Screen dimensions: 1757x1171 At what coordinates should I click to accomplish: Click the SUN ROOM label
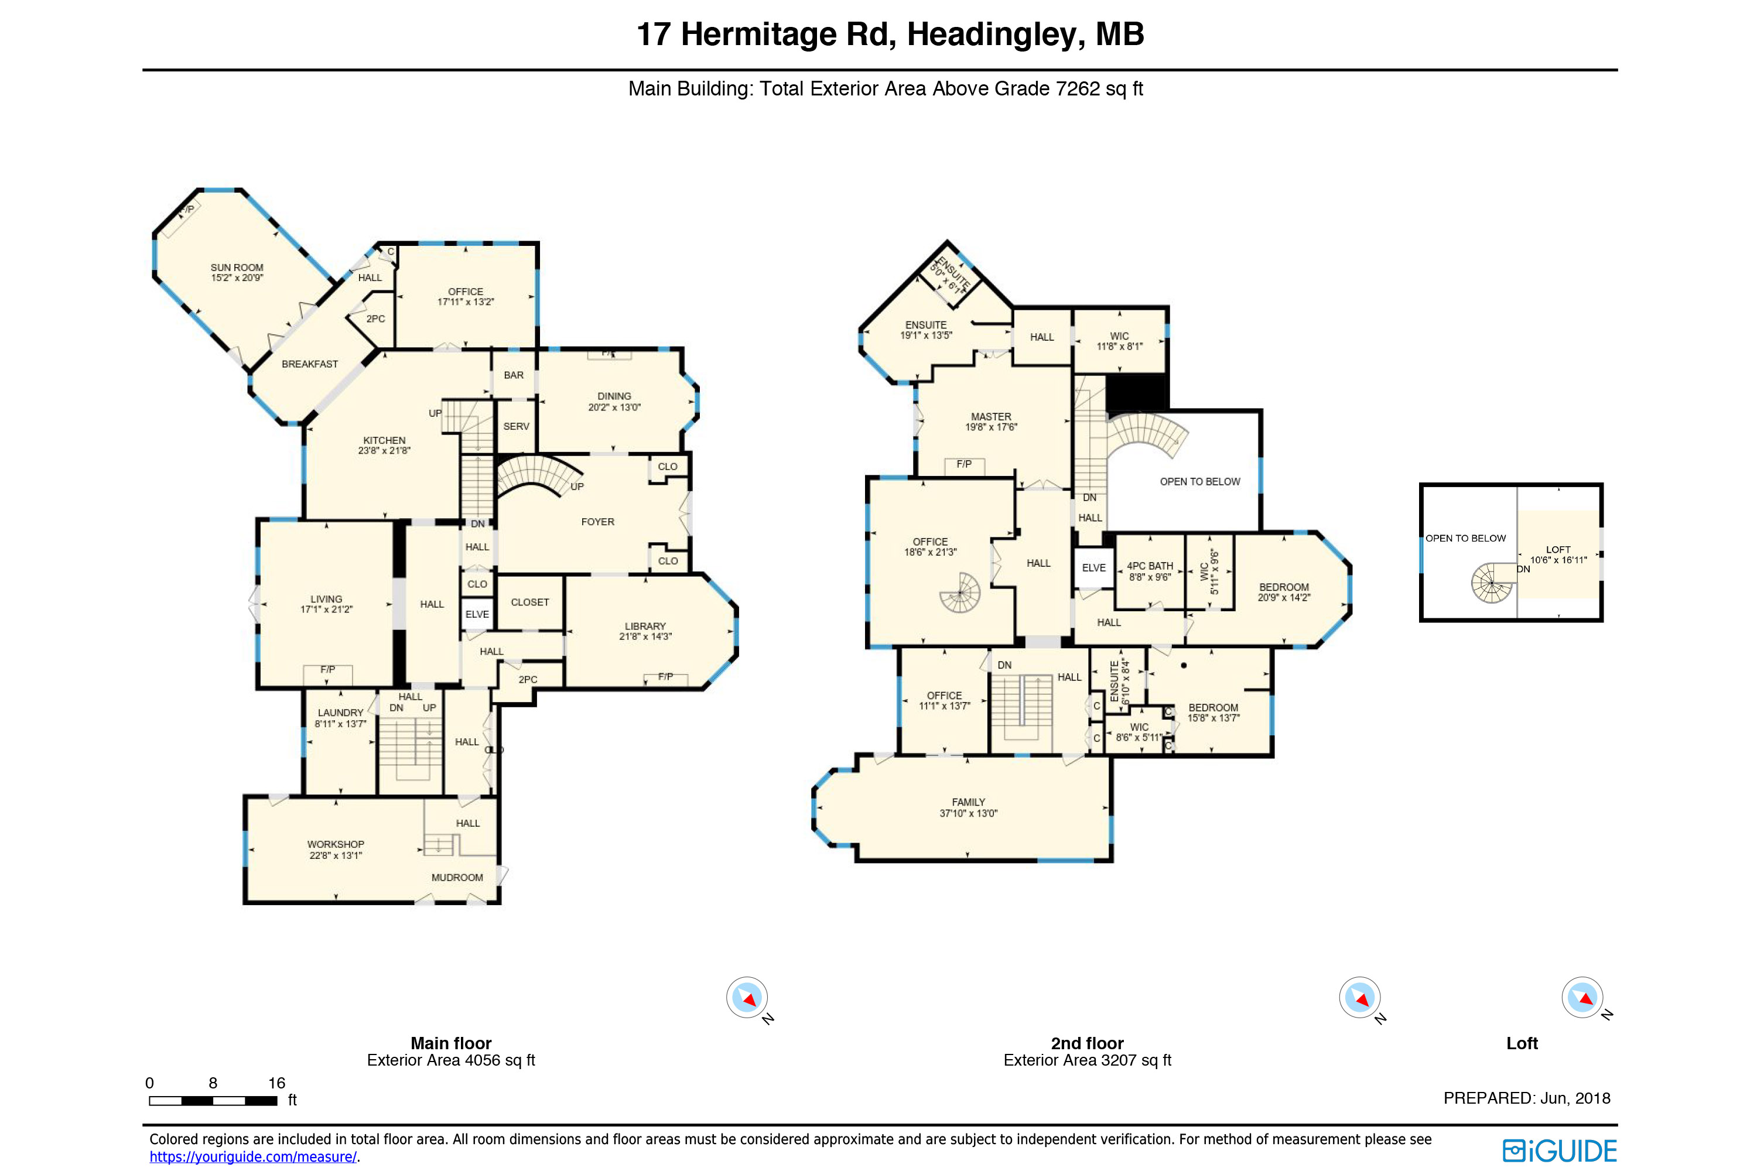237,268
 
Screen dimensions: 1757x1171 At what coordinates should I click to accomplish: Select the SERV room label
515,426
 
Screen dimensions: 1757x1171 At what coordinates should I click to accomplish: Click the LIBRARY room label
645,626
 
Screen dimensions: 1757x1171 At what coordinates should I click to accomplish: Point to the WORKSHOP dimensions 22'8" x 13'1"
336,855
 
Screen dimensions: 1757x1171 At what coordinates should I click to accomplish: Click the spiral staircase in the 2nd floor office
960,592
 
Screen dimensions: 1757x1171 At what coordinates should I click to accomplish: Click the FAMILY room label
968,802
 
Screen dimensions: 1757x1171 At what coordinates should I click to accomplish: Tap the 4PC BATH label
1150,566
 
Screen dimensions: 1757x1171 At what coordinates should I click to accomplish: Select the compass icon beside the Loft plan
1582,997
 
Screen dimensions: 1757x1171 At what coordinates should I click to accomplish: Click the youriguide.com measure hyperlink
252,1157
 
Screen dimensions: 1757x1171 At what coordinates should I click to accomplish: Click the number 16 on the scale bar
276,1083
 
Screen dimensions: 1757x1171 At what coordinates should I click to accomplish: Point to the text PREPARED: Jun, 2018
1526,1098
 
